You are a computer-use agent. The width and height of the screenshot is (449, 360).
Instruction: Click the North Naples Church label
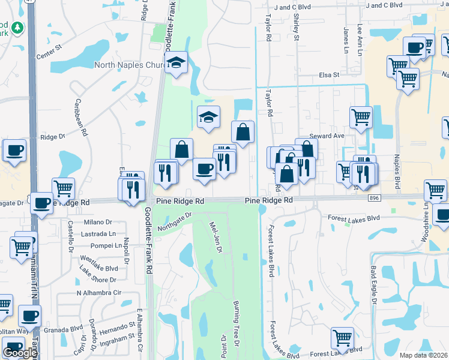point(128,65)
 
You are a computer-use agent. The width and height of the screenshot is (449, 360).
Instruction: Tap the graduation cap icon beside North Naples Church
point(176,62)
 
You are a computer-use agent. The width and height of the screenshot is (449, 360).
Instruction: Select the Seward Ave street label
point(327,136)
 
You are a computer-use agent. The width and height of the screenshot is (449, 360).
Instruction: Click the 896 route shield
point(375,197)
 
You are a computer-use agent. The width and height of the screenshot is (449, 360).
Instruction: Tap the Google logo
point(20,353)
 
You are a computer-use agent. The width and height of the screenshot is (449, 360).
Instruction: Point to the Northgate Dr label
point(174,221)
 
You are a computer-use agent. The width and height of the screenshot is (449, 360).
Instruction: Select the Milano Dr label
point(101,221)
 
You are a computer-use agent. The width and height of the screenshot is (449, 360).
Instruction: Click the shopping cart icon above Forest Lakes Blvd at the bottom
point(342,337)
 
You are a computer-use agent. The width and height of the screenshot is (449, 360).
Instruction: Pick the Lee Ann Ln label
point(360,37)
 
